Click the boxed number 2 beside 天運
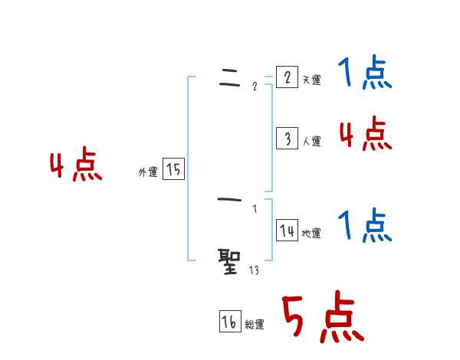coord(287,77)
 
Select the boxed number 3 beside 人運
coord(287,138)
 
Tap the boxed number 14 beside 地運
coord(287,231)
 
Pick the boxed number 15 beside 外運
coord(173,169)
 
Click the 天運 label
coord(312,80)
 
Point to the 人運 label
coord(312,141)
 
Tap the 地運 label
coord(311,234)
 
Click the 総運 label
coord(255,325)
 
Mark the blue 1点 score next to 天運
coord(365,74)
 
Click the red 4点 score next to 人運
coord(365,135)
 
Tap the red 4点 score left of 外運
coord(76,167)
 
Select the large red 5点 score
coord(322,318)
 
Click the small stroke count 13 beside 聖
coord(254,270)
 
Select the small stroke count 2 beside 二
coord(255,86)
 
